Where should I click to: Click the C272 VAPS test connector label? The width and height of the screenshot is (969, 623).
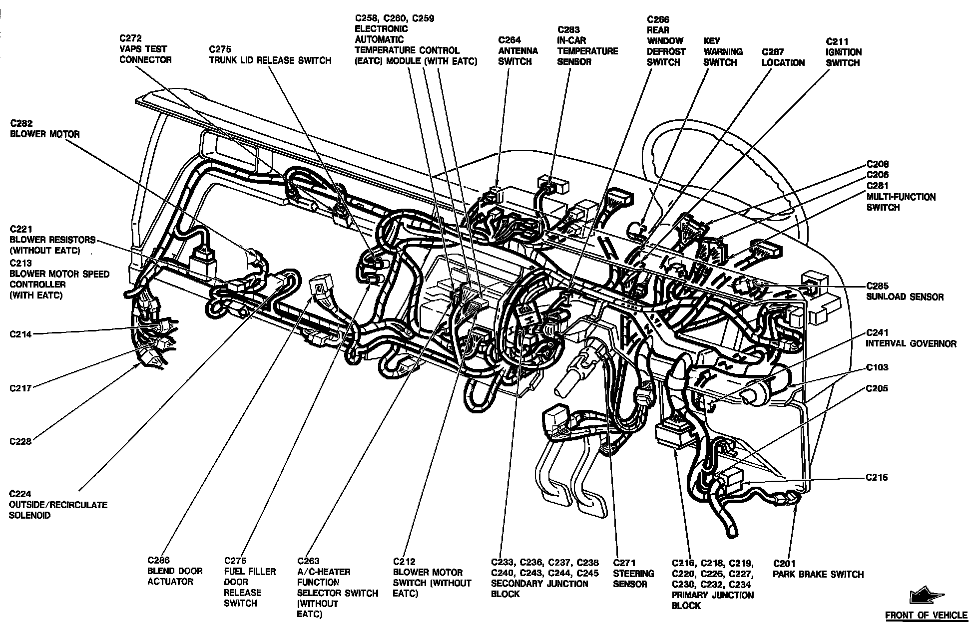click(145, 49)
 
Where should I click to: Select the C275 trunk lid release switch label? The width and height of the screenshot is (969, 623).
click(270, 55)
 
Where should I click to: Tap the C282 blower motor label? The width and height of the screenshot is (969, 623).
click(44, 129)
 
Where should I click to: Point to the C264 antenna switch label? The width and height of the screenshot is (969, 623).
click(518, 50)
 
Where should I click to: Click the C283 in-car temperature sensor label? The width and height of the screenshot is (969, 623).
click(587, 45)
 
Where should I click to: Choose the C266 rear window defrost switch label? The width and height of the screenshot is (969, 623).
click(666, 41)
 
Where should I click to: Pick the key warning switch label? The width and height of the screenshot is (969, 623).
click(723, 51)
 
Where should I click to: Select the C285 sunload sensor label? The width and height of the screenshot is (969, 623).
click(905, 292)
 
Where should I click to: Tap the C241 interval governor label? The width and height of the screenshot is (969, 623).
click(911, 338)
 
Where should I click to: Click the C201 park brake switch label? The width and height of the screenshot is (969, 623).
click(818, 569)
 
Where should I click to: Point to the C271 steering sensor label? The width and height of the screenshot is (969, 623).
click(633, 574)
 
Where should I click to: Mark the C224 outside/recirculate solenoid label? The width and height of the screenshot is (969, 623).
click(58, 504)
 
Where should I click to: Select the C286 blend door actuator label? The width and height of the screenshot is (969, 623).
click(175, 571)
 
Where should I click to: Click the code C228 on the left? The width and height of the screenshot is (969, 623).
click(20, 441)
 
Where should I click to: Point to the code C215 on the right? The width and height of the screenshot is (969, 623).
click(877, 477)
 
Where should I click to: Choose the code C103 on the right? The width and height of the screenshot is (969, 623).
click(877, 367)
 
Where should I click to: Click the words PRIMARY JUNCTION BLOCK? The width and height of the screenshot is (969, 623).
click(713, 600)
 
